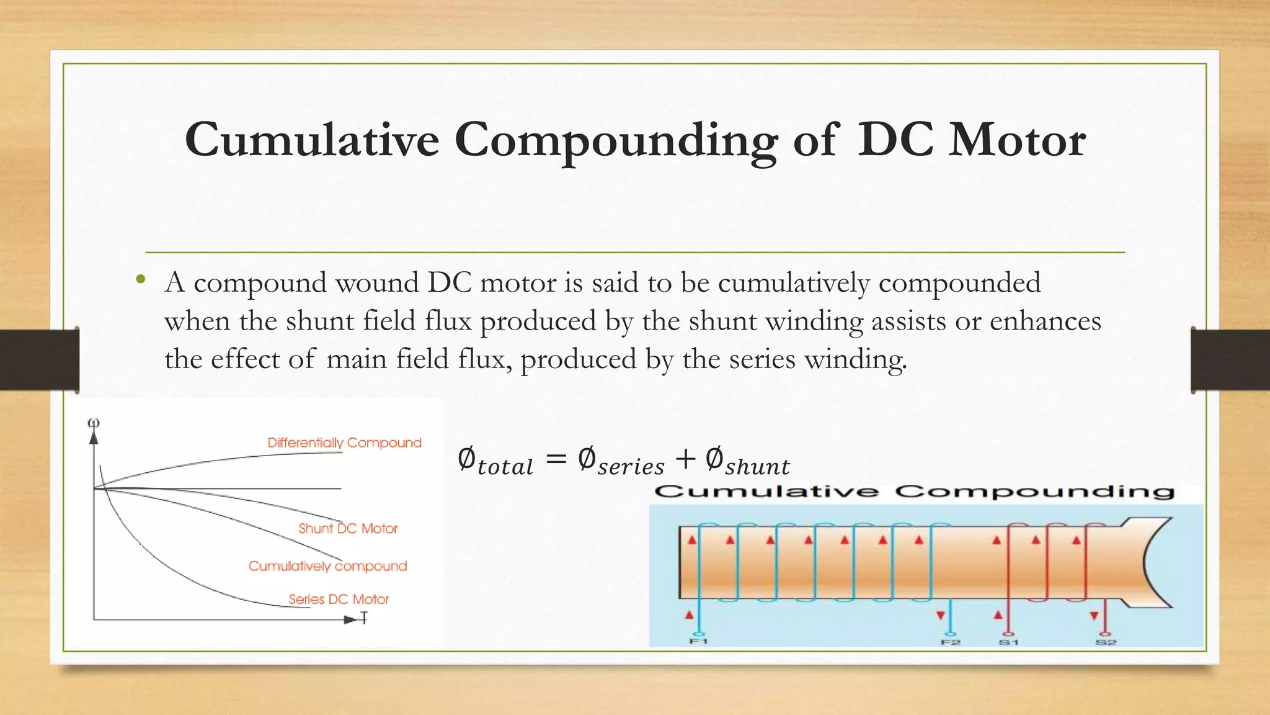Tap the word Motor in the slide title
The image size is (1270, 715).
pyautogui.click(x=1017, y=140)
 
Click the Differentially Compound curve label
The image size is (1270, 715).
pyautogui.click(x=344, y=443)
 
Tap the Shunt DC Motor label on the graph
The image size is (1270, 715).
pyautogui.click(x=348, y=529)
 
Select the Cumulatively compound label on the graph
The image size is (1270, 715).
pyautogui.click(x=327, y=566)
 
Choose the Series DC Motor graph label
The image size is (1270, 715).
pyautogui.click(x=339, y=600)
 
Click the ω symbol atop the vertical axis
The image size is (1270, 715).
pyautogui.click(x=94, y=423)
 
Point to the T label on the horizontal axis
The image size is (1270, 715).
pyautogui.click(x=364, y=618)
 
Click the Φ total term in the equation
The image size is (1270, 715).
pyautogui.click(x=495, y=462)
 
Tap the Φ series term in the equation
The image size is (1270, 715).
pyautogui.click(x=621, y=462)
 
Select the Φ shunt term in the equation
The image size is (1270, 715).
pyautogui.click(x=747, y=462)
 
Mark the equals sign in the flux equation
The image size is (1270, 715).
pyautogui.click(x=556, y=459)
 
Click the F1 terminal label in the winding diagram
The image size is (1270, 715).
pyautogui.click(x=698, y=641)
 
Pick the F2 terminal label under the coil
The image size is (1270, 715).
pyautogui.click(x=951, y=642)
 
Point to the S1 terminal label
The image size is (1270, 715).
pyautogui.click(x=1008, y=642)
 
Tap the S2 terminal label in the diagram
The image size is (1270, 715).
pyautogui.click(x=1106, y=642)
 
